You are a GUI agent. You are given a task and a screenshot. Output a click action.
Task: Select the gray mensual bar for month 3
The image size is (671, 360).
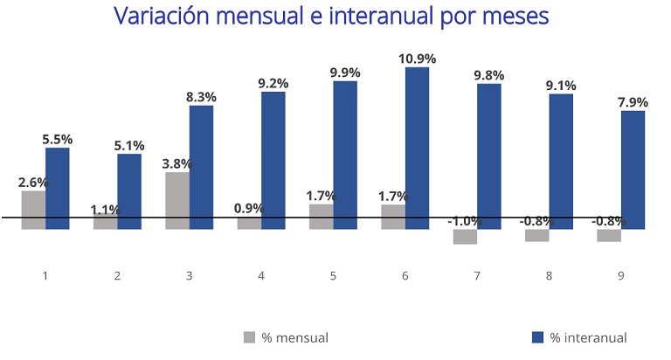(177, 200)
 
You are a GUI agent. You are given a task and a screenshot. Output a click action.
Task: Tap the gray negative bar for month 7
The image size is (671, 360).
(465, 237)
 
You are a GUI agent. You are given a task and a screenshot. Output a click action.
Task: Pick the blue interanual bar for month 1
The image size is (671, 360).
(58, 188)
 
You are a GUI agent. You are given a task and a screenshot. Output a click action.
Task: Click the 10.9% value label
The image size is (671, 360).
(417, 59)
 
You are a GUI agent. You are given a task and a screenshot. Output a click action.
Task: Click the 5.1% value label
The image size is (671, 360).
(129, 145)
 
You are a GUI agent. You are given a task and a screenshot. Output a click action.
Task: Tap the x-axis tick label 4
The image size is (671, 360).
(261, 274)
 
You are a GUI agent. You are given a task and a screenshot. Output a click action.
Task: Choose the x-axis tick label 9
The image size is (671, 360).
(621, 274)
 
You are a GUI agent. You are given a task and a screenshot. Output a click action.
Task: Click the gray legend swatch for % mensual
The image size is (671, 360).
(248, 337)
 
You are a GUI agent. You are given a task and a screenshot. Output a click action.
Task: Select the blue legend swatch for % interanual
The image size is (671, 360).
(536, 337)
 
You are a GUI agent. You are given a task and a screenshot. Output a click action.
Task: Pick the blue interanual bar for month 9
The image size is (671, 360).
(633, 170)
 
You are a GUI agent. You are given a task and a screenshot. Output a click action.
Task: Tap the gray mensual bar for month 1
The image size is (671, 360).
(33, 210)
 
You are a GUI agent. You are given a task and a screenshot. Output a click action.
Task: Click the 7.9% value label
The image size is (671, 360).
(633, 102)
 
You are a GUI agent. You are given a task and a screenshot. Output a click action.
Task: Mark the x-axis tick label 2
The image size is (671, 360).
(117, 274)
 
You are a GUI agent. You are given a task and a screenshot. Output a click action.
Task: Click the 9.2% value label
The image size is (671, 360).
(273, 84)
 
